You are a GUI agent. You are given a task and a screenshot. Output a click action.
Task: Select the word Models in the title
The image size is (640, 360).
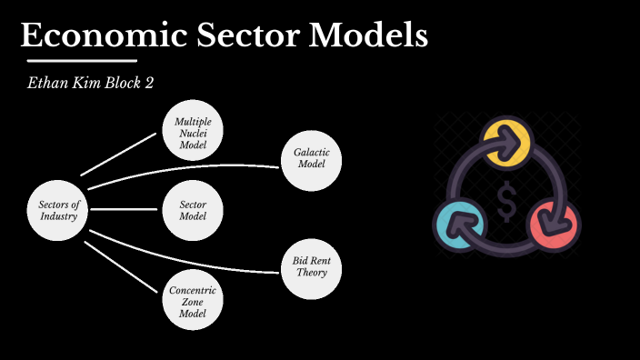pos(367,35)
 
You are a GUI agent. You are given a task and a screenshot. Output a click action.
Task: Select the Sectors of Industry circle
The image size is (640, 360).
pos(59,211)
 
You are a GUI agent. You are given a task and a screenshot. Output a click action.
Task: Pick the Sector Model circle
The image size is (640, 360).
pos(193,211)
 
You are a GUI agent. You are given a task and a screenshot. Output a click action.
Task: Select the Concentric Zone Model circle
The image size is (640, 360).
pos(193,301)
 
